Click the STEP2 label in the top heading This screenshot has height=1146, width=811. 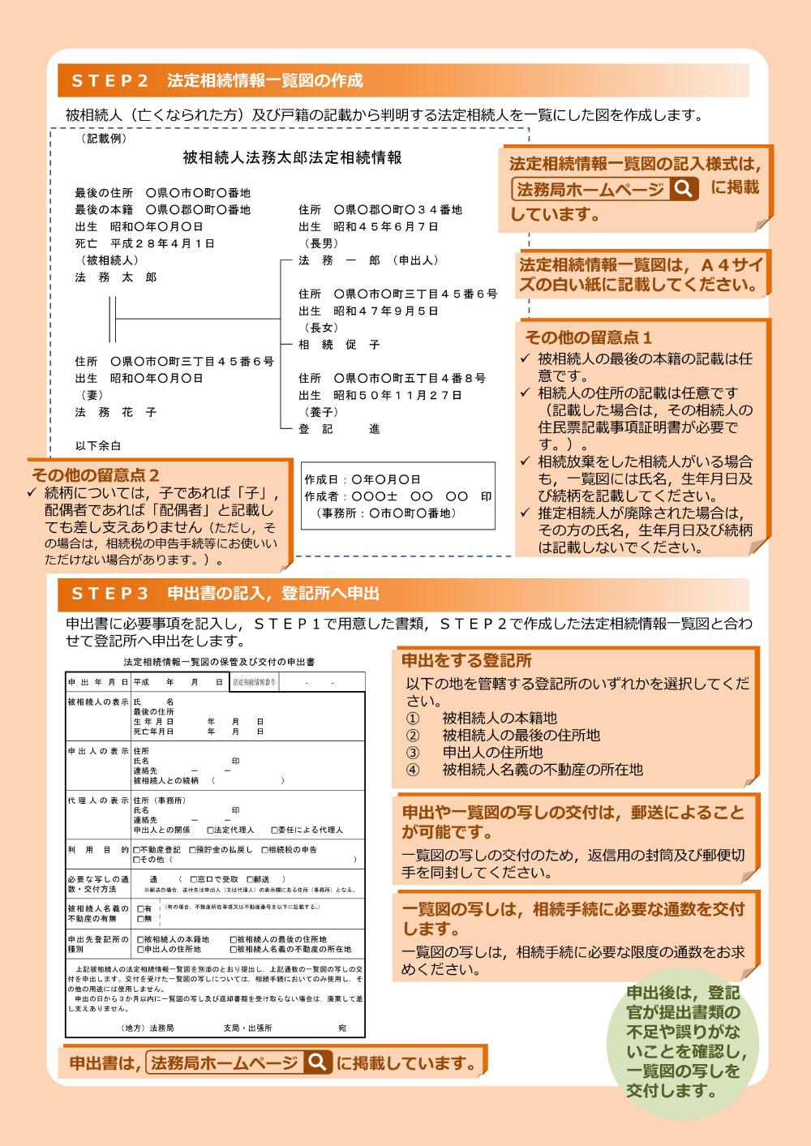pos(110,80)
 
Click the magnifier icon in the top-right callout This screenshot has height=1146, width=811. pos(684,189)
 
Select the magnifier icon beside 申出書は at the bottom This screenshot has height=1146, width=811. pos(317,1062)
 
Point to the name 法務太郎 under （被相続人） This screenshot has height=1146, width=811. pos(116,277)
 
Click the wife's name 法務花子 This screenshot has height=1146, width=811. pos(116,412)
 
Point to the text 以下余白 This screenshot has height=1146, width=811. pos(98,446)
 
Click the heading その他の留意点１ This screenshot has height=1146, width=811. pos(588,337)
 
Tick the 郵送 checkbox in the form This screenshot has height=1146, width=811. pos(250,879)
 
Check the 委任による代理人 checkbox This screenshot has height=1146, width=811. pos(274,831)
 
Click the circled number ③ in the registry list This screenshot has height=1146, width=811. pos(413,752)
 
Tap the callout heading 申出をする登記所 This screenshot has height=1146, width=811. pos(466,660)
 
